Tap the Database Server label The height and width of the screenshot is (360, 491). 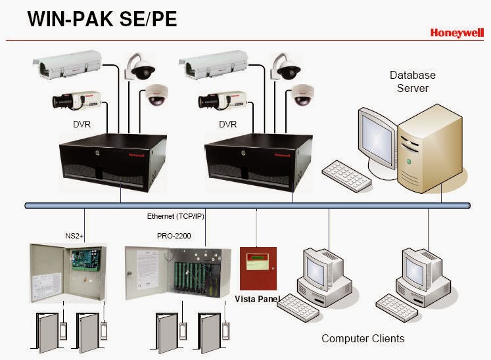point(412,81)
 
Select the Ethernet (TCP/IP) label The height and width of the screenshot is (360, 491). point(174,216)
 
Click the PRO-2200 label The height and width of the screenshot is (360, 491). point(169,234)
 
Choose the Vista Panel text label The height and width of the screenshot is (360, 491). point(258,299)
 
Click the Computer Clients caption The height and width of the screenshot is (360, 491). point(363,339)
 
